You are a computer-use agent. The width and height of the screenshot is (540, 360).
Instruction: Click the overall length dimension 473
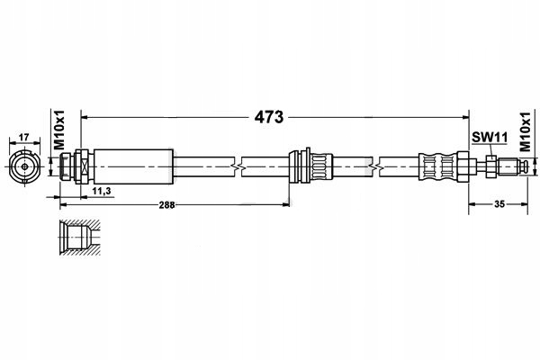click(269, 117)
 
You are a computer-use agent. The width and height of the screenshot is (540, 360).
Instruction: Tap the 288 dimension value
click(166, 205)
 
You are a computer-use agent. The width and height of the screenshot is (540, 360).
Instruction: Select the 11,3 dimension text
click(101, 191)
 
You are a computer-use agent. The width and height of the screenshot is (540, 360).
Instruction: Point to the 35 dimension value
click(499, 204)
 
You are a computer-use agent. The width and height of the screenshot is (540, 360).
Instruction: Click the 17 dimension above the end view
click(23, 138)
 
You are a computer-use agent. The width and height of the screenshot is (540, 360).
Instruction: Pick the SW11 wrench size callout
click(490, 138)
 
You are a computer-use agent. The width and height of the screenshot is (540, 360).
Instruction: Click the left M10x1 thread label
click(59, 130)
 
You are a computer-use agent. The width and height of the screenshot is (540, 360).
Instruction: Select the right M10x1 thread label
click(525, 132)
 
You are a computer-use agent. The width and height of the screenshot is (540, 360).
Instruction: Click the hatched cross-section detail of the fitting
click(79, 238)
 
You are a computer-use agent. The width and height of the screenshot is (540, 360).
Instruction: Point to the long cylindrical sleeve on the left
click(133, 166)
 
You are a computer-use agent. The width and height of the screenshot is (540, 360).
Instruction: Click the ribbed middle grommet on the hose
click(310, 166)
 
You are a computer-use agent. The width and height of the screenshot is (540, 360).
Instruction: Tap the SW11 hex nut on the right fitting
click(491, 166)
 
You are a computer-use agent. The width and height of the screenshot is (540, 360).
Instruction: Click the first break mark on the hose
click(238, 167)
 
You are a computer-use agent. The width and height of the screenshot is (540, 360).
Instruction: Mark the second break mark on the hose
click(375, 167)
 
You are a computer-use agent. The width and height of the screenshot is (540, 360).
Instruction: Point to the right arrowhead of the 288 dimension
click(286, 205)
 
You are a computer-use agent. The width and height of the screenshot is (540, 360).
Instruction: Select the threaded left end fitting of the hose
click(76, 166)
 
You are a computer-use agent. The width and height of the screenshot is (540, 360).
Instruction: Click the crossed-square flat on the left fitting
click(85, 166)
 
